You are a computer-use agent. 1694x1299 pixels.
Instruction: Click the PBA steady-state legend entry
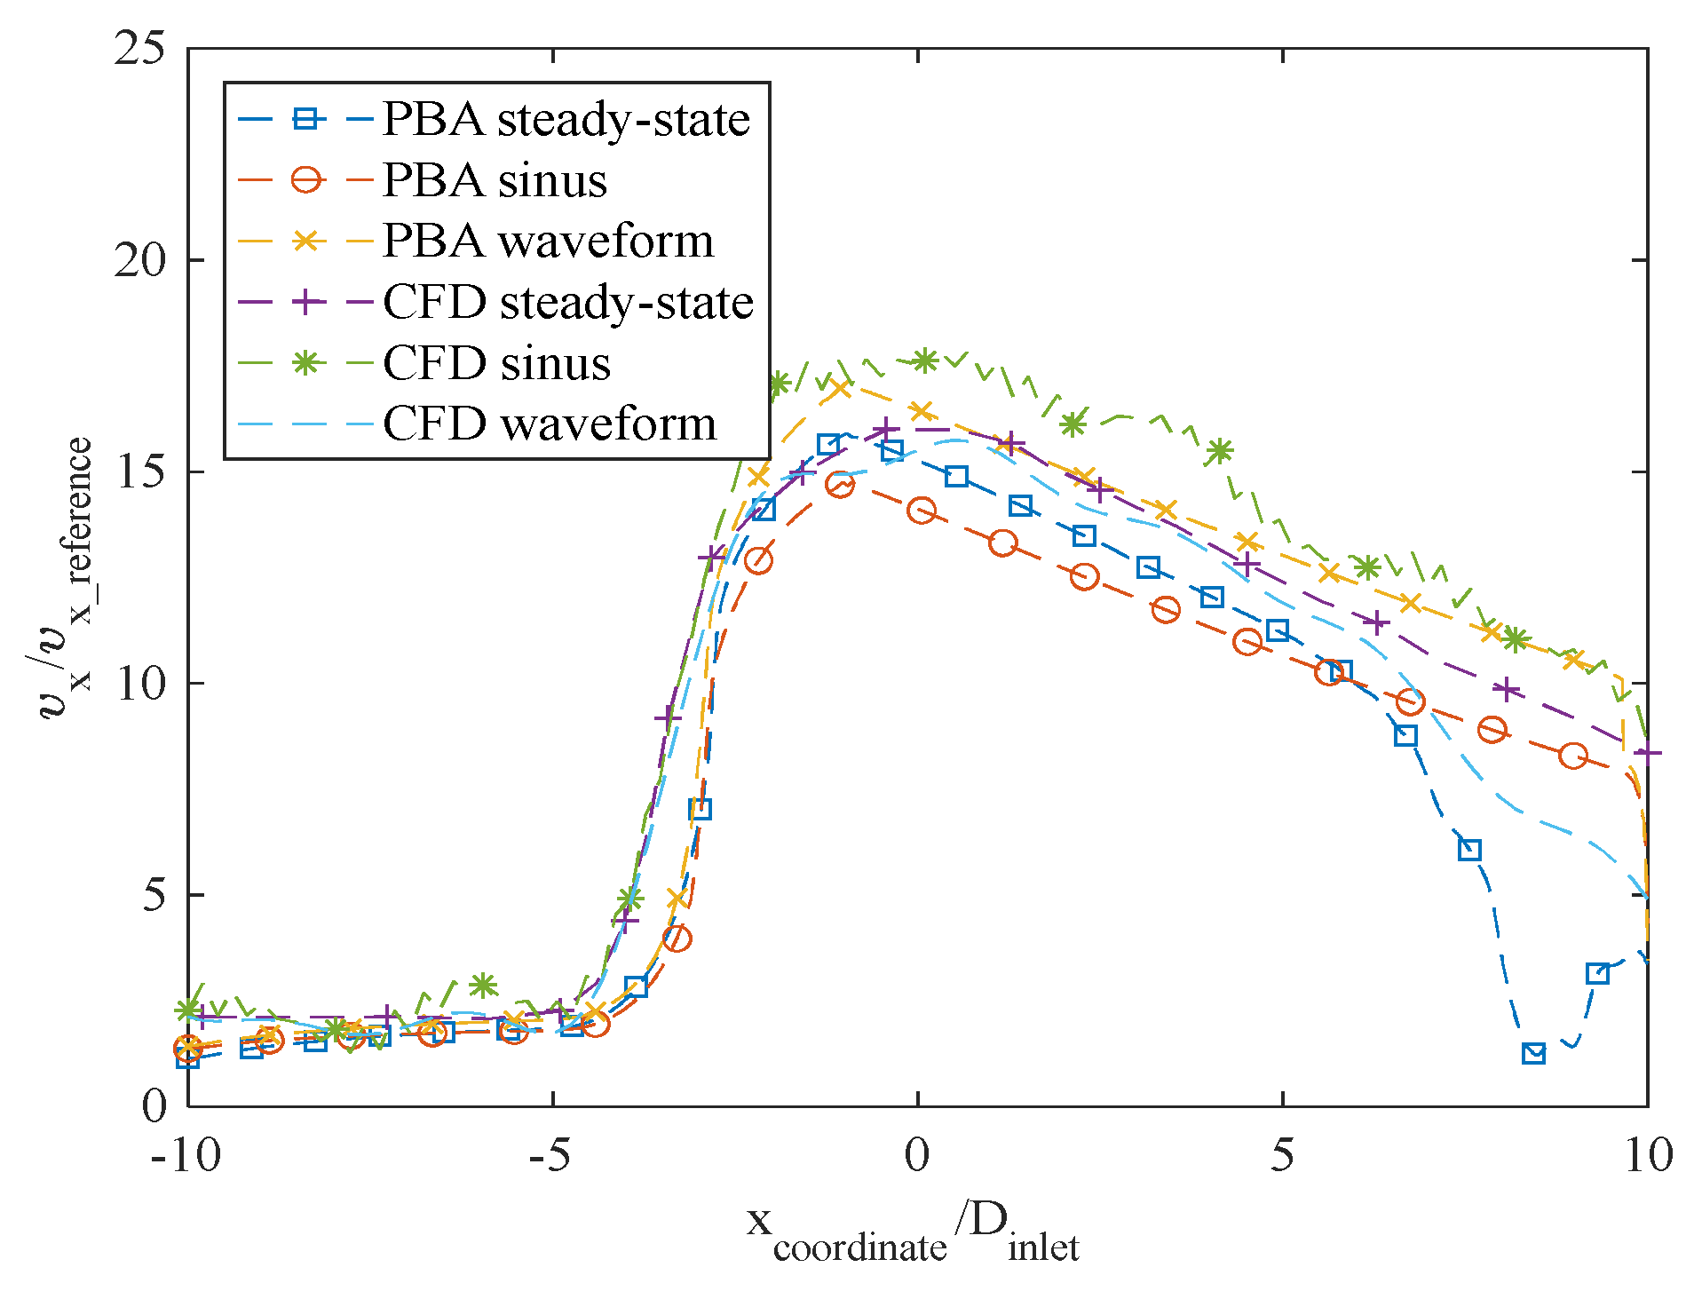click(566, 120)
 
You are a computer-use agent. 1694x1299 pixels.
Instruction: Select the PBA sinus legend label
click(495, 181)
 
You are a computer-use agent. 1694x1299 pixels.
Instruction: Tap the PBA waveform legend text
click(548, 242)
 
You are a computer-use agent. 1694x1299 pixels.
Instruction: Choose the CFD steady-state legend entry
click(568, 303)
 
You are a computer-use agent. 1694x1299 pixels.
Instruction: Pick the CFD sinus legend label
click(496, 363)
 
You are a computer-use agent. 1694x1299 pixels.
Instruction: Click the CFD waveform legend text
click(550, 424)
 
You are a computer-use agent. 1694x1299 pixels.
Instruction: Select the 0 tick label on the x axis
click(917, 1155)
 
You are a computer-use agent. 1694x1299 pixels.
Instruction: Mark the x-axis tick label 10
click(1648, 1155)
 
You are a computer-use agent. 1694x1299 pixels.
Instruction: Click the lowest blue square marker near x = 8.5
click(1533, 1054)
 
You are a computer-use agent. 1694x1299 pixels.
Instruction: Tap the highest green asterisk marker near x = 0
click(925, 360)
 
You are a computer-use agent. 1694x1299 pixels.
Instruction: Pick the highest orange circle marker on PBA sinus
click(840, 485)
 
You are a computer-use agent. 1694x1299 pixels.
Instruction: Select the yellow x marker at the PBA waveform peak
click(840, 388)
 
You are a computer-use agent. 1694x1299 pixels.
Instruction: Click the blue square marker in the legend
click(305, 119)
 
